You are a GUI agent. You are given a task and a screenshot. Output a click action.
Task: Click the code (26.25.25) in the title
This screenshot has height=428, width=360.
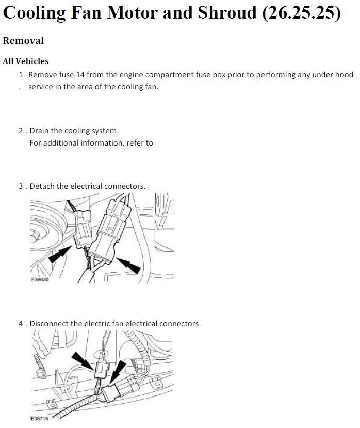tap(302, 12)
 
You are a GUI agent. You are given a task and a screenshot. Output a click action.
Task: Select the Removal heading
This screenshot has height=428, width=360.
tap(23, 40)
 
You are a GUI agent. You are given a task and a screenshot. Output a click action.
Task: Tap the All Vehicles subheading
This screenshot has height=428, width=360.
tap(26, 61)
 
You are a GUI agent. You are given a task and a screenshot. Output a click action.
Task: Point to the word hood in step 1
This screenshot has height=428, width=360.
tap(344, 75)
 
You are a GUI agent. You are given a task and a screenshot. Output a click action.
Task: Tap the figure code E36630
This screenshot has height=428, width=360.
tap(40, 279)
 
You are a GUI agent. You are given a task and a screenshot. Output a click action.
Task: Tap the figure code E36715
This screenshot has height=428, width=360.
tap(40, 418)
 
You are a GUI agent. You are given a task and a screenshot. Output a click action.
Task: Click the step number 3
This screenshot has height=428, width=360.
tap(21, 186)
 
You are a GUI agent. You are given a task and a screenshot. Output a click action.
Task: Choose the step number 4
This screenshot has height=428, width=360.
tap(21, 324)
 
